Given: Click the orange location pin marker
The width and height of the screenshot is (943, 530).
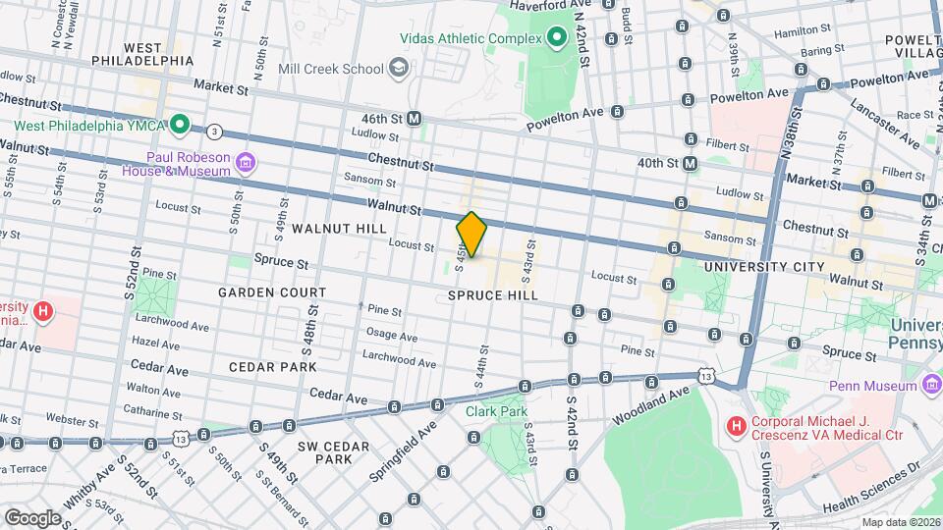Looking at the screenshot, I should [x=471, y=235].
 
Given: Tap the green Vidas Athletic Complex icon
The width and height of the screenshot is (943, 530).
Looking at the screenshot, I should [x=557, y=38].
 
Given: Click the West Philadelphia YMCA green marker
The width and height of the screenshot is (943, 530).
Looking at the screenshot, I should [x=180, y=125].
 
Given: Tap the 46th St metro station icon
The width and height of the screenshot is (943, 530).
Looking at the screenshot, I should [x=415, y=118].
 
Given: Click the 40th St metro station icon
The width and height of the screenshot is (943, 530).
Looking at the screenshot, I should [x=691, y=163].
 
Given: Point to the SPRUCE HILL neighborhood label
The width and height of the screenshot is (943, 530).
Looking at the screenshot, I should [x=492, y=295].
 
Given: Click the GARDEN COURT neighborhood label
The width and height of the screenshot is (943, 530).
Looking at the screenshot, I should [x=272, y=292].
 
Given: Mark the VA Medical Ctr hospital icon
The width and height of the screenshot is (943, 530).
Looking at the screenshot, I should [x=734, y=425].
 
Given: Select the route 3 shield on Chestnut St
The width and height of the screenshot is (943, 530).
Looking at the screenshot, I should [x=214, y=131].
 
